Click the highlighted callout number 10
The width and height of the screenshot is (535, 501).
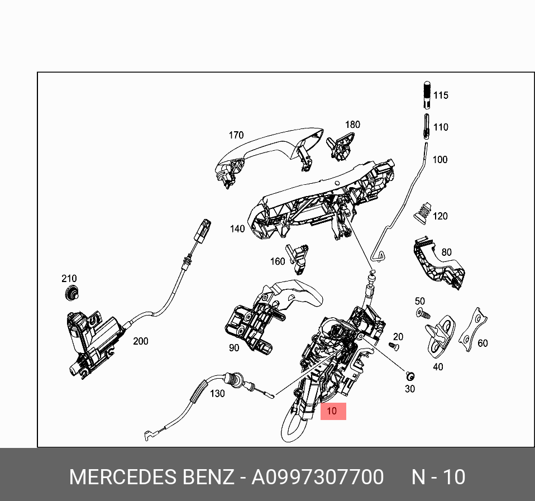[x=333, y=412]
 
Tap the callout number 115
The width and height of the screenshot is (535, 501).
[x=441, y=96]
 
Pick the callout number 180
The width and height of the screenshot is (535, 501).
[x=352, y=125]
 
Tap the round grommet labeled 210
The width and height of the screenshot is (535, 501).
[x=71, y=292]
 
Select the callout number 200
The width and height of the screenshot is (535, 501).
[x=140, y=341]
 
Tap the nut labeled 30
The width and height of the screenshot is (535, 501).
[x=410, y=374]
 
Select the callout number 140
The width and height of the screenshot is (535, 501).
[x=237, y=229]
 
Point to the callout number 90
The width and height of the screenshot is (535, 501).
[x=233, y=348]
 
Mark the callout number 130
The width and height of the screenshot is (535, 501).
[x=217, y=394]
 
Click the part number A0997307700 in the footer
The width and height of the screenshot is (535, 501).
[x=317, y=478]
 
